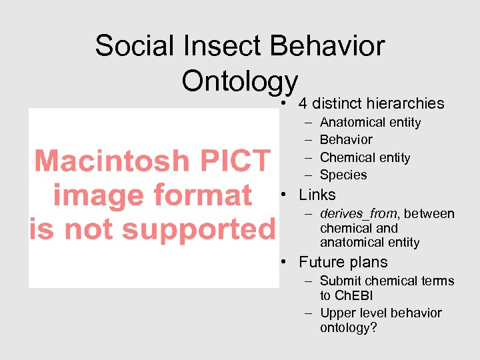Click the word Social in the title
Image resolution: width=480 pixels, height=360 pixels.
click(x=134, y=47)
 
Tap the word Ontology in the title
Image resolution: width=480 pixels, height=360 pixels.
click(x=239, y=82)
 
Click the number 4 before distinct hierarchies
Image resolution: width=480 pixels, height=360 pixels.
click(x=303, y=103)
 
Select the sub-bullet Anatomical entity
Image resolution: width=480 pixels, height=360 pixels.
click(x=370, y=123)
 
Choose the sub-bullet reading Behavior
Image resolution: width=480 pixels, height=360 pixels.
click(x=346, y=140)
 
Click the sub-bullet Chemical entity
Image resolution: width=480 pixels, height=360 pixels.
click(x=365, y=158)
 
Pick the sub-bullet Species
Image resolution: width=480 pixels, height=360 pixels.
click(x=343, y=175)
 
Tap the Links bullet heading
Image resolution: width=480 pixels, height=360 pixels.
click(x=317, y=195)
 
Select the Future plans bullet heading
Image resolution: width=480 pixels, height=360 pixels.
click(x=343, y=263)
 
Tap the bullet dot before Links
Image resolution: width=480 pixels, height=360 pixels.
click(x=284, y=196)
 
